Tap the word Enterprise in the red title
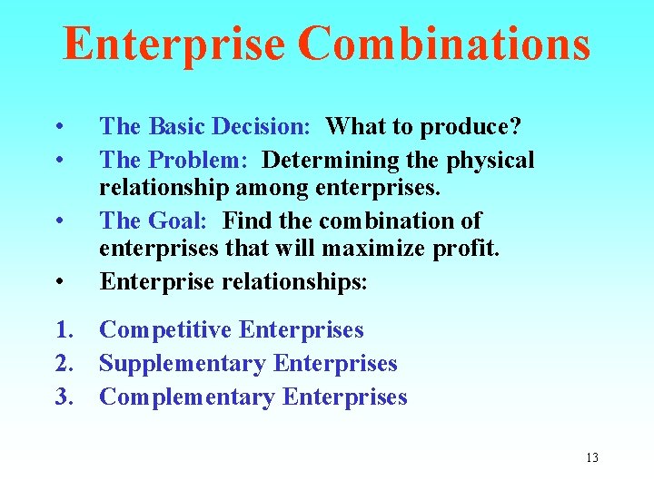point(173,44)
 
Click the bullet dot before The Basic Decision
point(58,125)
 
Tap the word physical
point(490,160)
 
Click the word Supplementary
point(183,364)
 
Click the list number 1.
point(64,330)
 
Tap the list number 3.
point(64,397)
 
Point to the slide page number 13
point(592,457)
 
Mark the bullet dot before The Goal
point(58,220)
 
